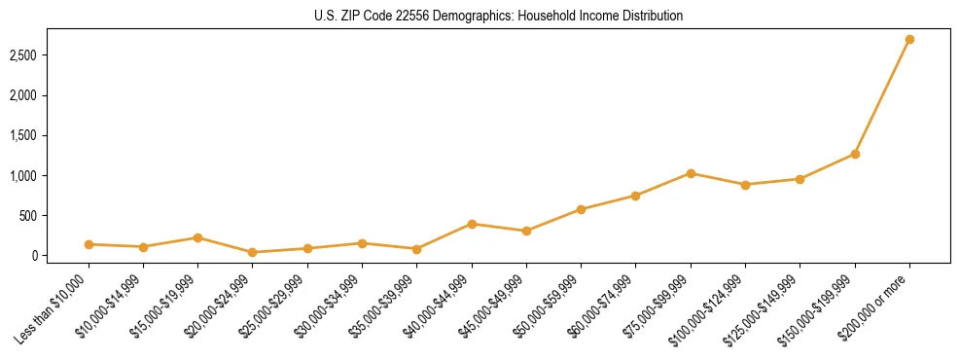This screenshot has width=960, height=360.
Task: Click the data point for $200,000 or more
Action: (909, 40)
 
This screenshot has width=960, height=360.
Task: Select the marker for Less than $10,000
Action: (89, 244)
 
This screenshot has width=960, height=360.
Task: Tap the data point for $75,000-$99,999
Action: (691, 173)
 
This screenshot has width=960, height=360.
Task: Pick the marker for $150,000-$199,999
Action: (855, 154)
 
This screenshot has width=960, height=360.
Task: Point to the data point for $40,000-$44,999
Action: (472, 224)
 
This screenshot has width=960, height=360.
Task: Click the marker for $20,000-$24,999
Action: (253, 252)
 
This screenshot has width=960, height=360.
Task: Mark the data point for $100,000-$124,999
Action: (745, 185)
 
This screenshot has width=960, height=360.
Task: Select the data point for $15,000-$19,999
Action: (197, 237)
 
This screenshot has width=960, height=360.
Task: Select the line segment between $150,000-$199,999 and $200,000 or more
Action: (882, 97)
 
